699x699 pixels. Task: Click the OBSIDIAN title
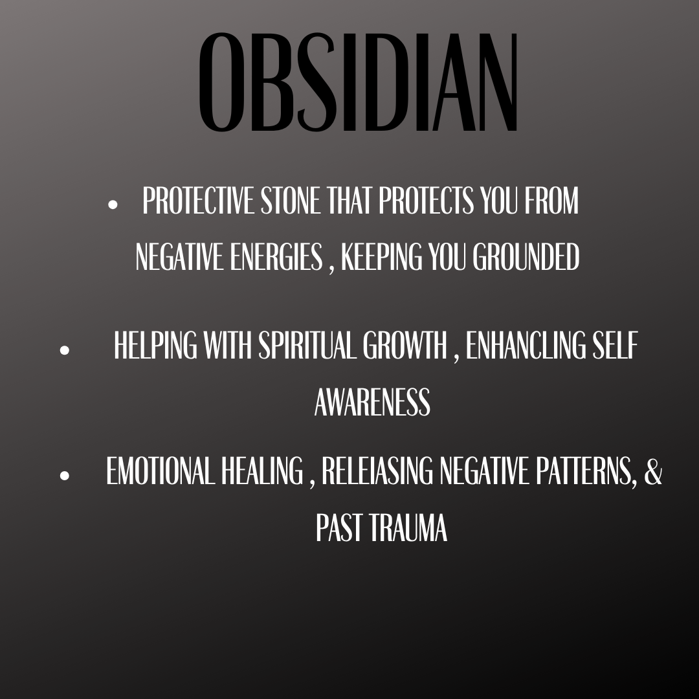pos(357,82)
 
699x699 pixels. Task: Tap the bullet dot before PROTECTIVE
pos(113,205)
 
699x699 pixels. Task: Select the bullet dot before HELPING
pos(65,350)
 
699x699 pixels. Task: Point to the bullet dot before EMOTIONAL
pos(65,475)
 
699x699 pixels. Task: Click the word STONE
pos(290,200)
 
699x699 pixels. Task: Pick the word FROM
pos(551,200)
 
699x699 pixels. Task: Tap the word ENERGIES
pos(276,256)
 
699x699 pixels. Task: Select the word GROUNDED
pos(526,256)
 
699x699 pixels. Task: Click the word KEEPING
pos(382,256)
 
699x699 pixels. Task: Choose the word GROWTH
pos(405,344)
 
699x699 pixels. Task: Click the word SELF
pos(616,344)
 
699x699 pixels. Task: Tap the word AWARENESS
pos(373,402)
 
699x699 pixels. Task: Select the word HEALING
pos(262,471)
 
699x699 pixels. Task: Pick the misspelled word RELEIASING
pos(377,471)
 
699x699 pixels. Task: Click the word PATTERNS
pos(586,471)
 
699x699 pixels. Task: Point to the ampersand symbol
pos(653,471)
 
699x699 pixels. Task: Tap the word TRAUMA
pos(408,527)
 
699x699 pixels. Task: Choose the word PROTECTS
pos(426,200)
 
